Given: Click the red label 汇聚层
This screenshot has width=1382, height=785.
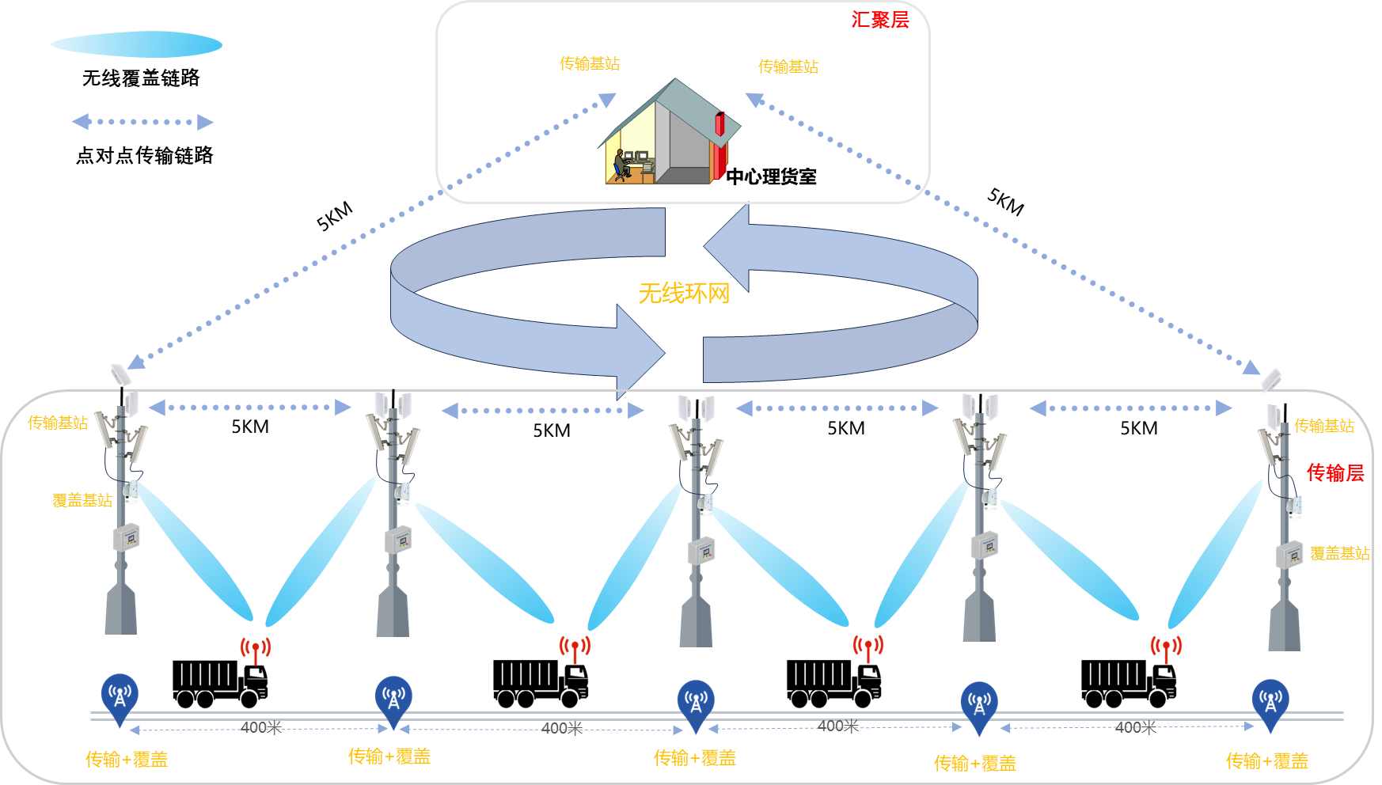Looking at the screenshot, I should (879, 20).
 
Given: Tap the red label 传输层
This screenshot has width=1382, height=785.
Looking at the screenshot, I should (1335, 472).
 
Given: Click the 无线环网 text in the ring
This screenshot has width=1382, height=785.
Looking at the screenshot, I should (684, 294).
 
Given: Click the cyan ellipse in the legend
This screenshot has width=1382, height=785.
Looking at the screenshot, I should (136, 44).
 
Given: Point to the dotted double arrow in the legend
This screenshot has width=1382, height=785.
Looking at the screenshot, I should (142, 122).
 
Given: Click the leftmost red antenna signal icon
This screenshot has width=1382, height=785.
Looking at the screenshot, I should (256, 649).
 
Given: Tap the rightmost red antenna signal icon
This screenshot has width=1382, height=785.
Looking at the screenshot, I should (1166, 647).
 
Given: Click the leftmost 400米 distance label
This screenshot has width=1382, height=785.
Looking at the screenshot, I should (260, 727).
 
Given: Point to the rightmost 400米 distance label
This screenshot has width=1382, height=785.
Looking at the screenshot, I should (1135, 727).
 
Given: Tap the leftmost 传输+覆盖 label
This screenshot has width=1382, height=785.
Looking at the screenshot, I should (127, 760).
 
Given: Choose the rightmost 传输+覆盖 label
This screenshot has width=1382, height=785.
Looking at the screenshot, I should (1266, 761).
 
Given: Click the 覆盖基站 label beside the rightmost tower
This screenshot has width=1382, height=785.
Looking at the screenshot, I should (1339, 554).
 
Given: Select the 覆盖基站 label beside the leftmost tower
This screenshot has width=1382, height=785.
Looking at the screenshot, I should (82, 500).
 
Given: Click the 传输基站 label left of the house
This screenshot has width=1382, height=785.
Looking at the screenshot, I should (590, 63).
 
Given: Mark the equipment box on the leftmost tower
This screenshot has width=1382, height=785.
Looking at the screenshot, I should (126, 537).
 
